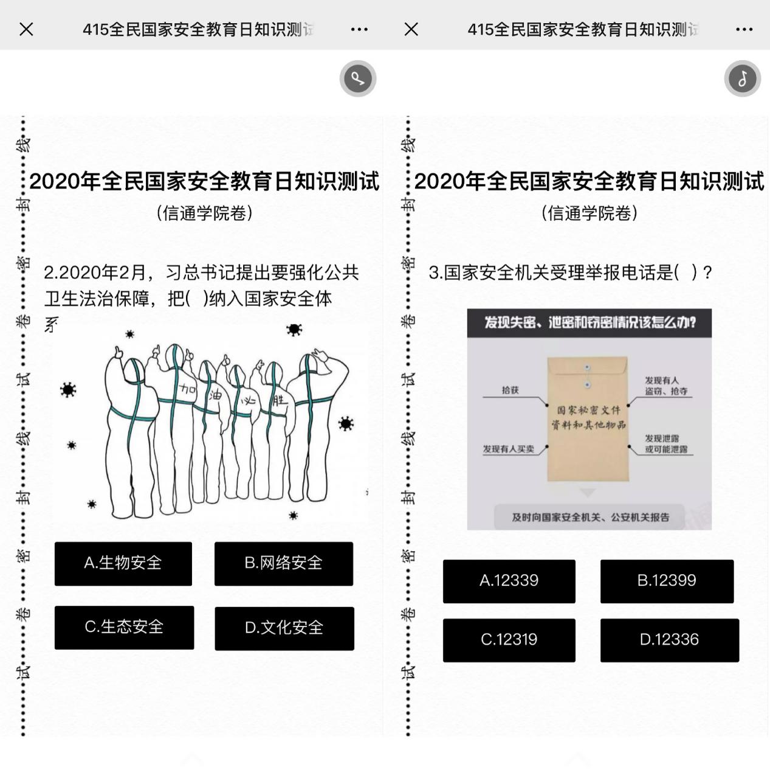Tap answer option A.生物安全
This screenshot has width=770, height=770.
point(123,564)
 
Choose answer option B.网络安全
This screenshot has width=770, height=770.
point(283,564)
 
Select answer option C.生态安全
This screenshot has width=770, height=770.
point(124,628)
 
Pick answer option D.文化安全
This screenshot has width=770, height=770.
point(284,628)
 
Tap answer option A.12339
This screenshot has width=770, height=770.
point(509,581)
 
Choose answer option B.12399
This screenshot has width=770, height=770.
point(667,581)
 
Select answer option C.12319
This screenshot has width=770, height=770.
point(509,640)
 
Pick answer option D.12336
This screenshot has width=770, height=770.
point(669,640)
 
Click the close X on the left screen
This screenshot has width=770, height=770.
point(26,29)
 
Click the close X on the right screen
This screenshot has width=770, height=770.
point(411,29)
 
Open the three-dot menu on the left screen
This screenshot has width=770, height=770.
point(359,29)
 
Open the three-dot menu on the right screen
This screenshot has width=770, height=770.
point(744,29)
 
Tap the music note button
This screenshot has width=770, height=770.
point(742,78)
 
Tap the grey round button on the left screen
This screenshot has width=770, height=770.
point(357,78)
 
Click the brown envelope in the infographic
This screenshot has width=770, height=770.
point(587,420)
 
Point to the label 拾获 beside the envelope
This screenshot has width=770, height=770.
point(510,390)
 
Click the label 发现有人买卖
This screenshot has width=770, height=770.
point(508,449)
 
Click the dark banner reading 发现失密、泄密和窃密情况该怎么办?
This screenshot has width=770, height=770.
point(589,322)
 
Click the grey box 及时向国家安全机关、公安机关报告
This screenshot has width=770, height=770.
point(590,517)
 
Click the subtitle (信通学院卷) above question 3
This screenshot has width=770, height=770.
point(589,213)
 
